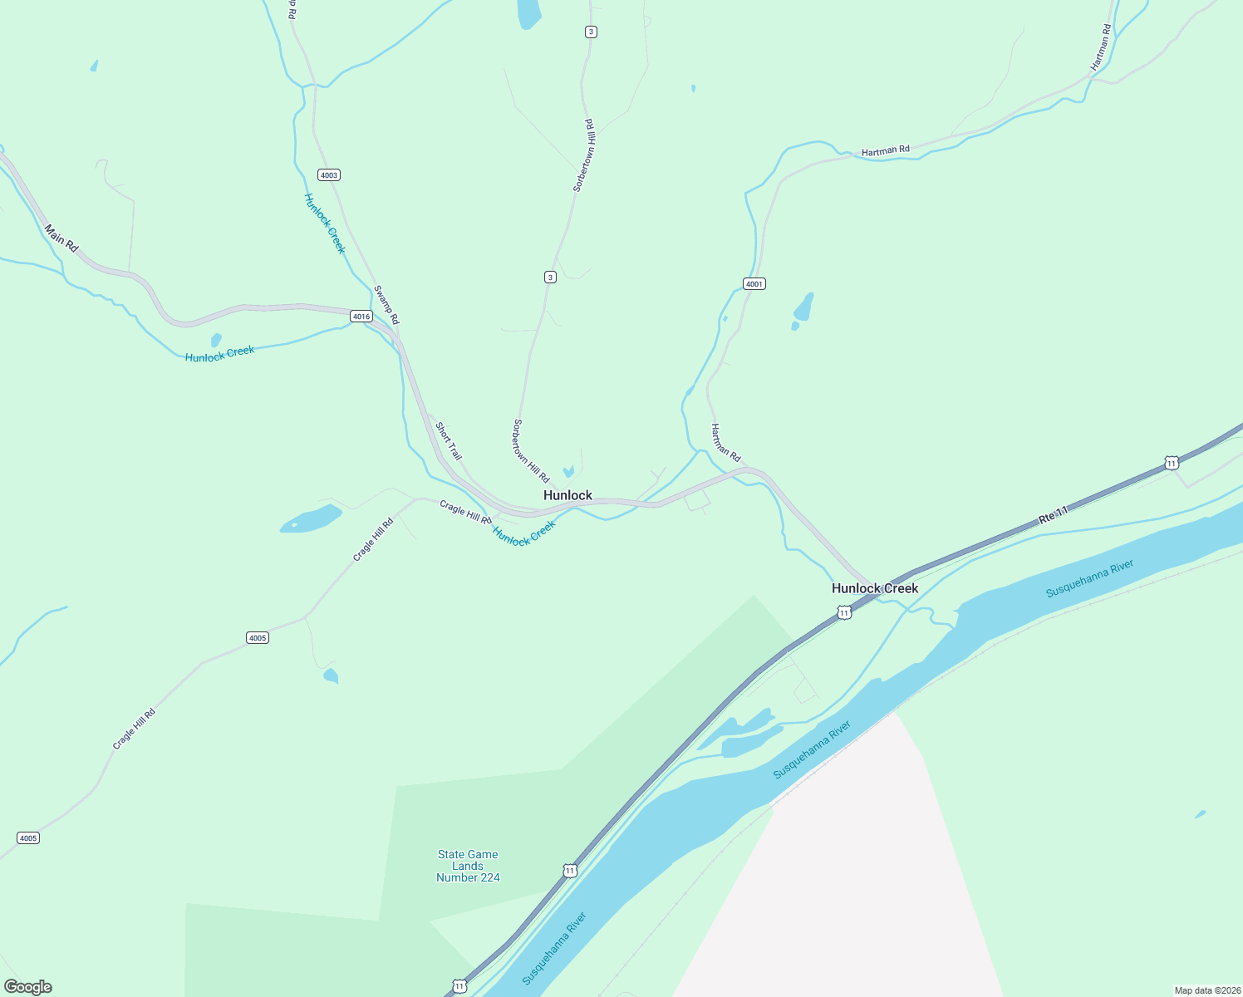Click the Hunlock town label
click(567, 495)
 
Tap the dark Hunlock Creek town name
click(875, 588)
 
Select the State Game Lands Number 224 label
click(468, 866)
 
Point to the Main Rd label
click(61, 238)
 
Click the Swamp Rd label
click(386, 305)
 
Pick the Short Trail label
click(449, 441)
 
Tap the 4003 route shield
click(329, 175)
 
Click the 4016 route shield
click(361, 317)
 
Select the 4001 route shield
click(754, 284)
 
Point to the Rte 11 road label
click(1053, 515)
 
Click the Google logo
click(28, 987)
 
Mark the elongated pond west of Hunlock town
click(311, 519)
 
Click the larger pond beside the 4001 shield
click(803, 307)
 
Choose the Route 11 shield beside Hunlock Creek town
click(844, 613)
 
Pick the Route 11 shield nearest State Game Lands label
click(569, 871)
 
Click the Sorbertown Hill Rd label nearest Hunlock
click(531, 451)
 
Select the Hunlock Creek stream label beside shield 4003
click(324, 223)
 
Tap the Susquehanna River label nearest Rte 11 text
click(1089, 578)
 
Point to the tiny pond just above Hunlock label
click(568, 472)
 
